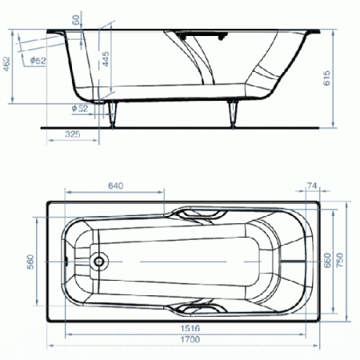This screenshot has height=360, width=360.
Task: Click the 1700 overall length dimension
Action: [190, 339]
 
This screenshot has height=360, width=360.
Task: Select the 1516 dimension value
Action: [190, 328]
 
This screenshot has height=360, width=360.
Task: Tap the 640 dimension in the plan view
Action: [116, 186]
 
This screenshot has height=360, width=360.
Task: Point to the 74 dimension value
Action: [312, 186]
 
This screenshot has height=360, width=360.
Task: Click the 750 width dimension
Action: [340, 260]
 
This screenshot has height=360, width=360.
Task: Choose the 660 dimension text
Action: [327, 260]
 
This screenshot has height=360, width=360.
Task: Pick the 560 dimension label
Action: [30, 262]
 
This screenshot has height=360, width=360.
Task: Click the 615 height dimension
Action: [326, 78]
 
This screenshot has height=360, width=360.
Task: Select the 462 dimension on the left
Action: [6, 64]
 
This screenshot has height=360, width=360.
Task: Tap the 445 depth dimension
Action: [106, 59]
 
